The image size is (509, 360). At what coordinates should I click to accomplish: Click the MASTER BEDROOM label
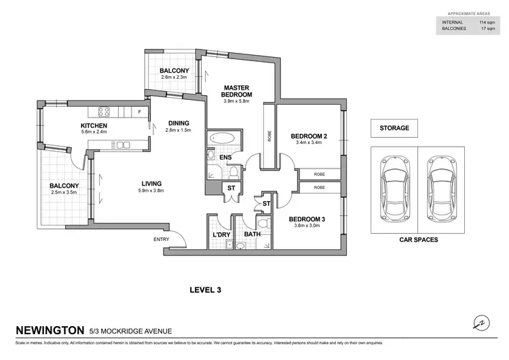[x=238, y=90]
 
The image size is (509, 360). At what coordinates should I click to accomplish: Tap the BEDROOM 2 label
[x=309, y=137]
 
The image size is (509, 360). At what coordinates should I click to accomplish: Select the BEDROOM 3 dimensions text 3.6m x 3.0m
[x=307, y=226]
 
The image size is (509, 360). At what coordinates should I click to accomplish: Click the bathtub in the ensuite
[x=222, y=140]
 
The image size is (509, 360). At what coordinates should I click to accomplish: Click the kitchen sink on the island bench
[x=123, y=144]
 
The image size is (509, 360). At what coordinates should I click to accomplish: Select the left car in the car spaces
[x=394, y=187]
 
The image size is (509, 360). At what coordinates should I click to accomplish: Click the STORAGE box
[x=394, y=128]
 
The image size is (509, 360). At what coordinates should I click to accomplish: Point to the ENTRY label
[x=162, y=239]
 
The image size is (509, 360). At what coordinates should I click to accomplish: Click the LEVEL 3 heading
[x=205, y=290]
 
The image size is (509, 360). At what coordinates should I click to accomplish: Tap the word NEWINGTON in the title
[x=50, y=331]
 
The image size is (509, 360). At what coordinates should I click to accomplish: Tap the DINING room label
[x=179, y=123]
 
